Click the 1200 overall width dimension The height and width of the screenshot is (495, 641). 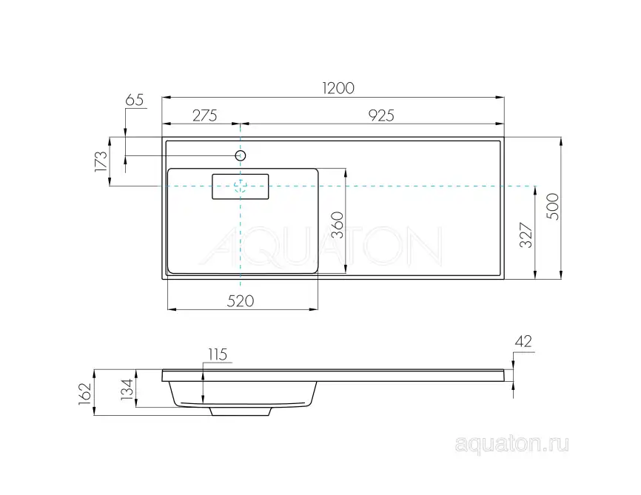click(338, 87)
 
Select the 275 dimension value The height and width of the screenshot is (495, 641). click(204, 115)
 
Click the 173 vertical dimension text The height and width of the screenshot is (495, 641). click(101, 161)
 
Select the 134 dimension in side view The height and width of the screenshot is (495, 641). click(127, 388)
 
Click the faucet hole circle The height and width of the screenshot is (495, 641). click(241, 155)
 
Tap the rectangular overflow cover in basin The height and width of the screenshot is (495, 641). click(241, 186)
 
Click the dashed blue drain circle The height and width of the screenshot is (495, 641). click(241, 186)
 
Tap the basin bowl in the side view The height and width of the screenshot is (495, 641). click(244, 392)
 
